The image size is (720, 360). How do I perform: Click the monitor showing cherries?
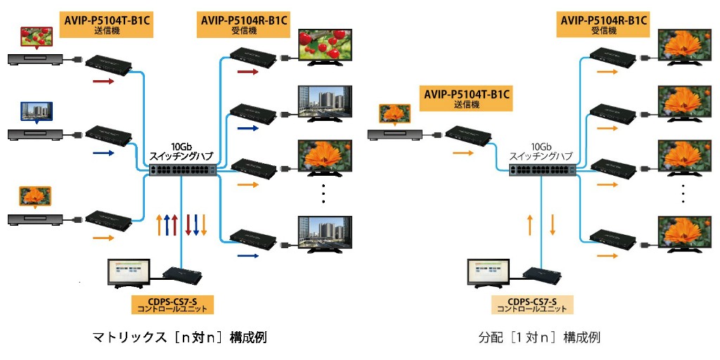(324, 46)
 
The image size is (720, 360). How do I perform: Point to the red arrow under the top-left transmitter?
(102, 81)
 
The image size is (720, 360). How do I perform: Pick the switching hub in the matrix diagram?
(181, 169)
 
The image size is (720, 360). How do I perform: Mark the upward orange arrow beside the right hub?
(530, 226)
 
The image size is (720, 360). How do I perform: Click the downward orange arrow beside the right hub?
(553, 226)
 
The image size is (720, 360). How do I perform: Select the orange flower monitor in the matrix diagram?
(324, 157)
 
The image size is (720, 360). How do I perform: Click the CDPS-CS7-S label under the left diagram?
(172, 304)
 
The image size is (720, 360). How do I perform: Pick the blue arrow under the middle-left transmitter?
(102, 152)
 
